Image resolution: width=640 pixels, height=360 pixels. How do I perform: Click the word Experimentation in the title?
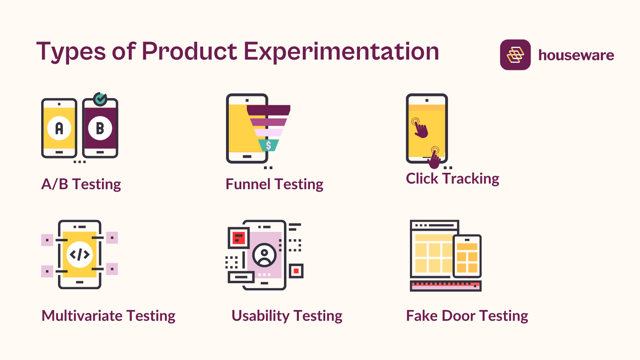point(341,52)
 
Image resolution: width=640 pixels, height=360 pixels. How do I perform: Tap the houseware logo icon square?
point(515,55)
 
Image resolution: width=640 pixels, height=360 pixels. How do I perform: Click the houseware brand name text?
point(576,55)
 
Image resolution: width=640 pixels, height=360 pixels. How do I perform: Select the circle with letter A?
point(59,128)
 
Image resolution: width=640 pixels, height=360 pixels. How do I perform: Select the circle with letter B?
point(100,128)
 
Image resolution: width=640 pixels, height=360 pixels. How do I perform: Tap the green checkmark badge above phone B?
point(100,99)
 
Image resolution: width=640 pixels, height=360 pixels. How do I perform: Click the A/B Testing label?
point(81,184)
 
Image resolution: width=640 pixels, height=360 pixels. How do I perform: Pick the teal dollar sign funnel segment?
point(268,145)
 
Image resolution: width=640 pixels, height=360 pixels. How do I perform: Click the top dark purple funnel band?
point(268,110)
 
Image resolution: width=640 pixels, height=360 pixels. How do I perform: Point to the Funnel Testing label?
point(274,184)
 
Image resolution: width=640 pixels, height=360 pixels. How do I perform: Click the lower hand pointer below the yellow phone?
point(434,158)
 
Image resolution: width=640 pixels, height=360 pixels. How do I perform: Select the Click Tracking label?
point(452,179)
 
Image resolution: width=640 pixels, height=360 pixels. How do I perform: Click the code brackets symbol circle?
point(80,254)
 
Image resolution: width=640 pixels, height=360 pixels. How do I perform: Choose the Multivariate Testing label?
point(108,316)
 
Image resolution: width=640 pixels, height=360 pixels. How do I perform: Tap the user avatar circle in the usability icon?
point(264,255)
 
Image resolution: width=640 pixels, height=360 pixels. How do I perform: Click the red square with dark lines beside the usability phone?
point(239,238)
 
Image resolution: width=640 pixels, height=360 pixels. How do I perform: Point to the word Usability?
point(260,316)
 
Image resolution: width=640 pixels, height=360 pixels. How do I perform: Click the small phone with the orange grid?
point(467,256)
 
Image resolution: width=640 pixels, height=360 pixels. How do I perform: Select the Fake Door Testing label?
point(467,316)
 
